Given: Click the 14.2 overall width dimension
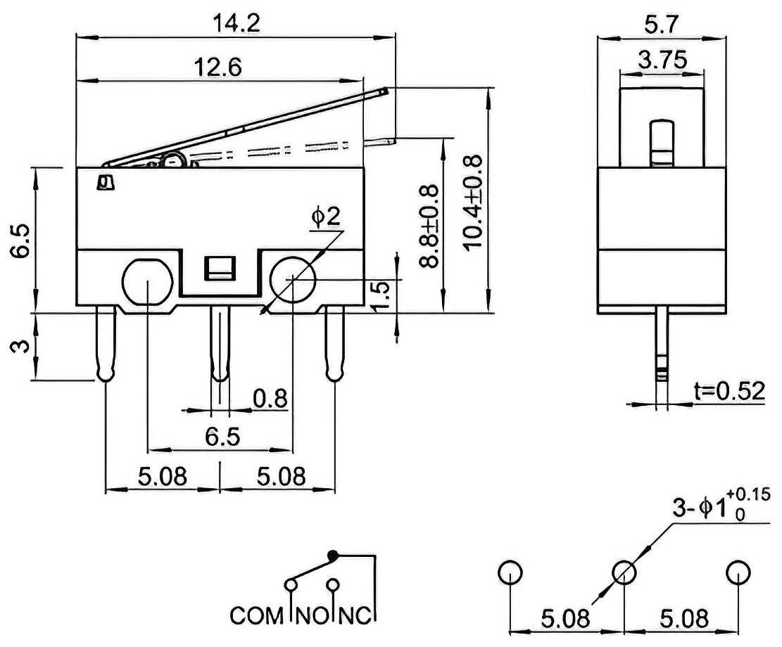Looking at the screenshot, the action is click(x=237, y=23).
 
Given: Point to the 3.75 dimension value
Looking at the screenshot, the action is click(x=662, y=60).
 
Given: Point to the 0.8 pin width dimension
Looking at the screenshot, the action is click(x=270, y=398).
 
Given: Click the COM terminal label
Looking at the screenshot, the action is click(x=256, y=615).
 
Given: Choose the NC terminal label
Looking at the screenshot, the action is click(x=355, y=615).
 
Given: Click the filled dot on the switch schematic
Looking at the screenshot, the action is click(x=332, y=554).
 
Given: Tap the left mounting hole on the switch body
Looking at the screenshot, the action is click(x=148, y=281).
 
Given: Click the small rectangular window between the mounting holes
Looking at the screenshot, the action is click(x=220, y=268).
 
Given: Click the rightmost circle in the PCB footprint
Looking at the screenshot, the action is click(x=738, y=572).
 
